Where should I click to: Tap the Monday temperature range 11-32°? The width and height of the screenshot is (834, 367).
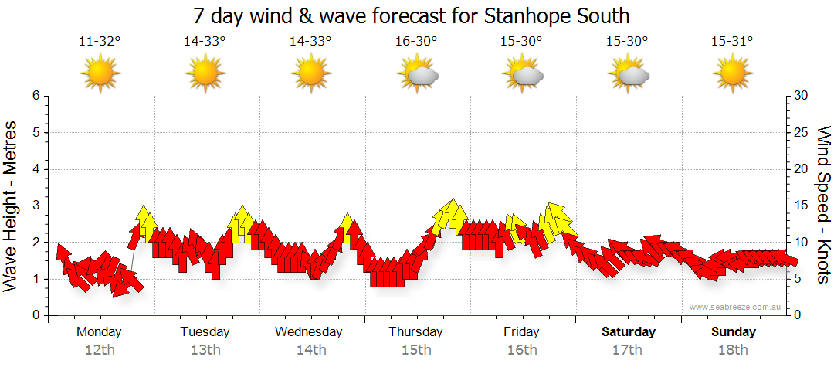point(100,42)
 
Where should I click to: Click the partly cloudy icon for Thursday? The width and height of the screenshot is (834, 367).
point(417,73)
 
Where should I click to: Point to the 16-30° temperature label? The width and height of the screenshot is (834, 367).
point(416,42)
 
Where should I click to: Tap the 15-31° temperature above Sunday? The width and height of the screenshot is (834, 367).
point(733,42)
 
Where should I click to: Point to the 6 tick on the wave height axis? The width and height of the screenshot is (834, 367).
point(36,96)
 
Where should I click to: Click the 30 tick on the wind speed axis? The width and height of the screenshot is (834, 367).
point(801,96)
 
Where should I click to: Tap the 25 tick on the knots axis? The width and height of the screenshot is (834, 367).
point(801,132)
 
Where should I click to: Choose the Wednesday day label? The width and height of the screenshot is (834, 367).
point(309,332)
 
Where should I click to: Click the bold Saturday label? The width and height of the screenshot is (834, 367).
point(629,332)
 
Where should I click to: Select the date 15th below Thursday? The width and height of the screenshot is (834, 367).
point(416,350)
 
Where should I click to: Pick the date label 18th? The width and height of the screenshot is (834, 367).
point(734,350)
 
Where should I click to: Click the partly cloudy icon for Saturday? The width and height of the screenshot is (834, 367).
point(629,73)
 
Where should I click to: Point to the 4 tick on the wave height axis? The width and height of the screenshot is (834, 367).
point(36,169)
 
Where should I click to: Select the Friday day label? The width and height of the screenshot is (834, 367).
point(521,332)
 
